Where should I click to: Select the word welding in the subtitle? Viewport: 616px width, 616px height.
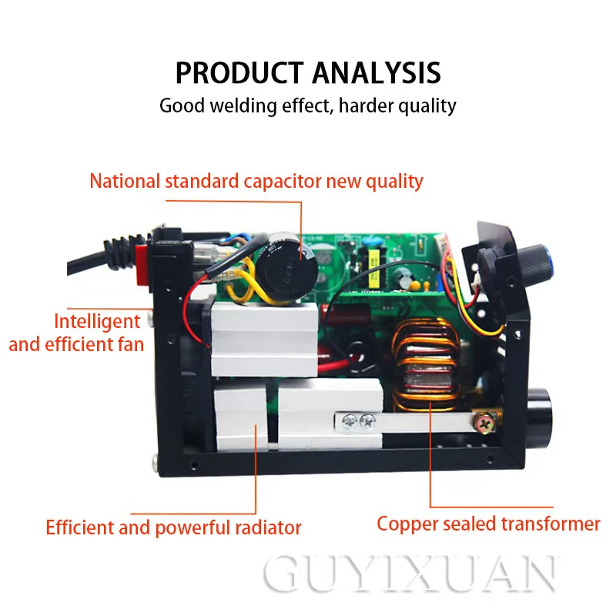click(246, 105)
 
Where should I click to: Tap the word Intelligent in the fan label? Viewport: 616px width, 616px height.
click(97, 321)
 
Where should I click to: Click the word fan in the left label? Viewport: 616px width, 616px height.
click(130, 343)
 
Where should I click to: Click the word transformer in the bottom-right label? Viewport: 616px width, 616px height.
click(550, 524)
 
